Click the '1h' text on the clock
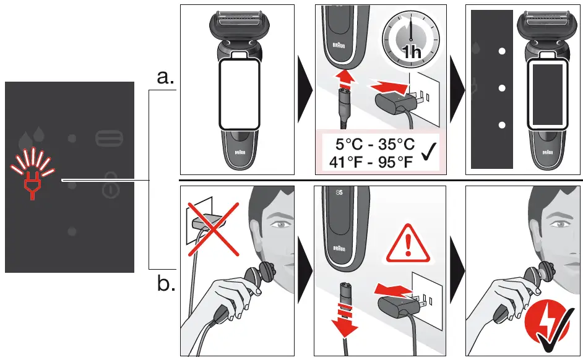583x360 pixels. coord(410,53)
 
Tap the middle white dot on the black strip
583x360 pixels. coord(502,88)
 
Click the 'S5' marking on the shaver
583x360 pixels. coord(339,193)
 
